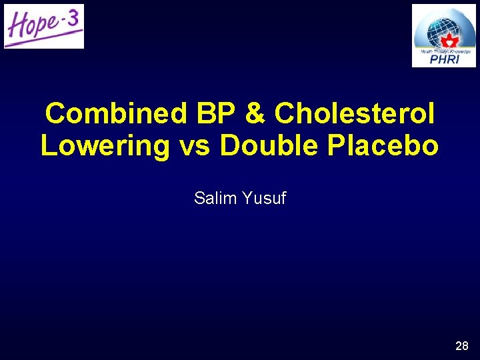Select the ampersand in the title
256,113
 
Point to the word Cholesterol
355,113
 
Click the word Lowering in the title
105,146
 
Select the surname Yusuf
265,198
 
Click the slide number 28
462,346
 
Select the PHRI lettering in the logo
444,59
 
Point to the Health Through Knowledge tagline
444,51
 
